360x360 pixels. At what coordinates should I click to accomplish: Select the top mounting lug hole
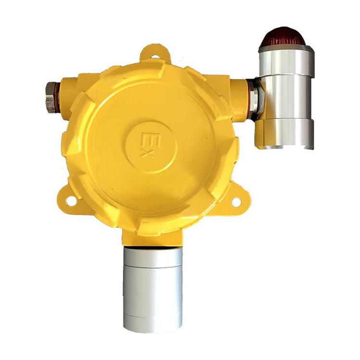[x=156, y=56]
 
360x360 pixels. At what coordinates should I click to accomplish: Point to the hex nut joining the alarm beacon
[x=254, y=98]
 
